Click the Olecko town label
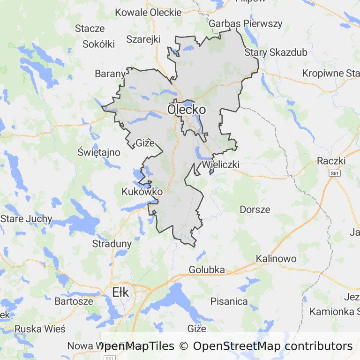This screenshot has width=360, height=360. point(187,109)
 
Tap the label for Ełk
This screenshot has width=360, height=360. point(120,292)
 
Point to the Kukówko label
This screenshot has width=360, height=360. point(142,192)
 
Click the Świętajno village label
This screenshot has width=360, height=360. point(99,152)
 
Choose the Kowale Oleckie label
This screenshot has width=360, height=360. point(148,12)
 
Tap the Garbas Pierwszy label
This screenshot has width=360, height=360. point(246,23)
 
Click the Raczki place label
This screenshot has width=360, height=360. point(331,161)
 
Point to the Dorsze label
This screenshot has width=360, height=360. point(255,209)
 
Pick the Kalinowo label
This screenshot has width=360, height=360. point(276,259)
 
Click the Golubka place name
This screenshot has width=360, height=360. point(207,270)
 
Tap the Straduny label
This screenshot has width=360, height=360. point(112,244)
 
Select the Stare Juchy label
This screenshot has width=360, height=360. point(26,219)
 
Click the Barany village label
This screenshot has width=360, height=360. point(110,74)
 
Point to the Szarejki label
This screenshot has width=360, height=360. point(143,39)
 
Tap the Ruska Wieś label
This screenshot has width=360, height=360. point(40,329)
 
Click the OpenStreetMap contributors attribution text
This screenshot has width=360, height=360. point(272,346)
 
